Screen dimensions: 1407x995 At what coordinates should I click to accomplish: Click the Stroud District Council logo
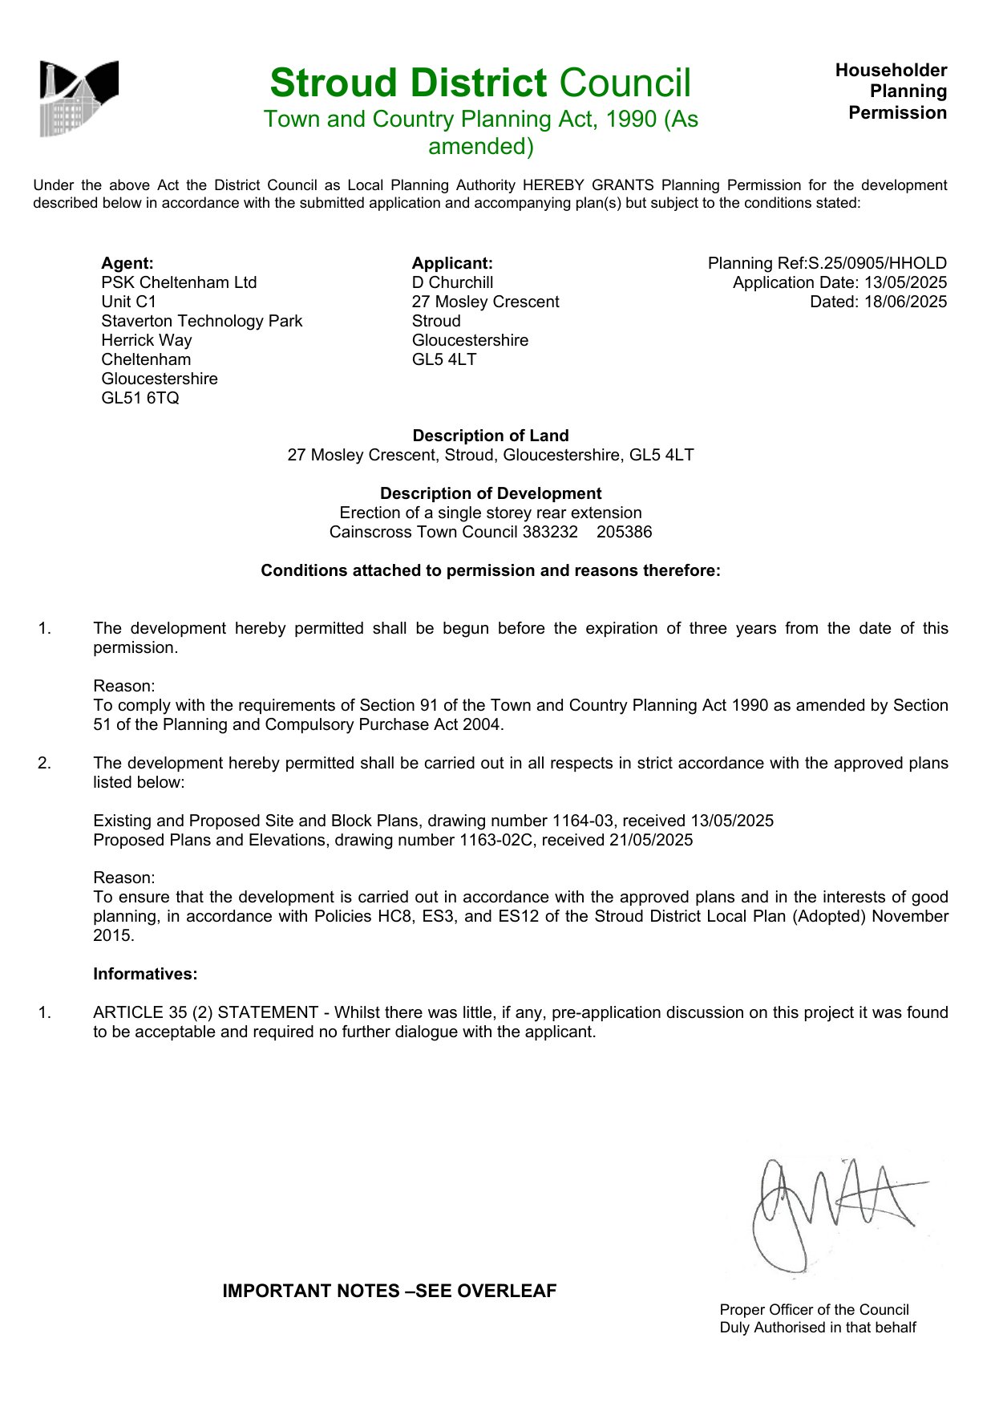(x=79, y=98)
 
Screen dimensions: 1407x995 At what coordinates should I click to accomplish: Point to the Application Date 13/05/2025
(x=905, y=282)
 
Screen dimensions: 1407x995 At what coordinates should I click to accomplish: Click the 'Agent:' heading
(x=127, y=263)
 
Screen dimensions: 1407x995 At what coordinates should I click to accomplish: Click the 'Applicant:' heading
(x=452, y=263)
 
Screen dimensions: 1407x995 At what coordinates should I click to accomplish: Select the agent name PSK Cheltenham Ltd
(x=179, y=282)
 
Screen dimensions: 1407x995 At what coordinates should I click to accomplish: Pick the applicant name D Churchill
(x=452, y=282)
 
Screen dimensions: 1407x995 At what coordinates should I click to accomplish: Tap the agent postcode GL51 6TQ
(x=140, y=398)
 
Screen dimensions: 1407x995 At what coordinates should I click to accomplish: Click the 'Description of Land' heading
(x=491, y=436)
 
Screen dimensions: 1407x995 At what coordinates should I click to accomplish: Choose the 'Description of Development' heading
(x=491, y=493)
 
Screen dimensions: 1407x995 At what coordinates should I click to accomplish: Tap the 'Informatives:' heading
(x=145, y=974)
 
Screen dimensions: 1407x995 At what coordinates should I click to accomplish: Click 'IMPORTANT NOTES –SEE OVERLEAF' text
(x=390, y=1291)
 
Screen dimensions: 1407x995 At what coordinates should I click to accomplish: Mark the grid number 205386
(x=625, y=532)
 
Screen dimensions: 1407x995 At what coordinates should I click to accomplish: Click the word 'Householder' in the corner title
(x=891, y=71)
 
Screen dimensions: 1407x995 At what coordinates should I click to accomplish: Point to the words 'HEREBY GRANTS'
(x=588, y=185)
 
